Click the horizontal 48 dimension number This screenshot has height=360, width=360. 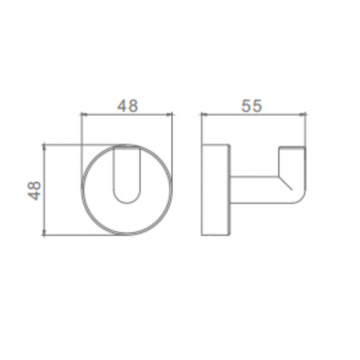point(128,106)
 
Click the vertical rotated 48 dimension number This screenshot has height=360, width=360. point(34,190)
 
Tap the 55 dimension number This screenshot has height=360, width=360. point(252,106)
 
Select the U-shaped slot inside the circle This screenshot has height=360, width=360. point(127,174)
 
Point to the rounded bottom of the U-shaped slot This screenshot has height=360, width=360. point(127,203)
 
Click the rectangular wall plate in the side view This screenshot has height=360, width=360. point(215,190)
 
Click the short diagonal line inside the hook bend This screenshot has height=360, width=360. point(286,183)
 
